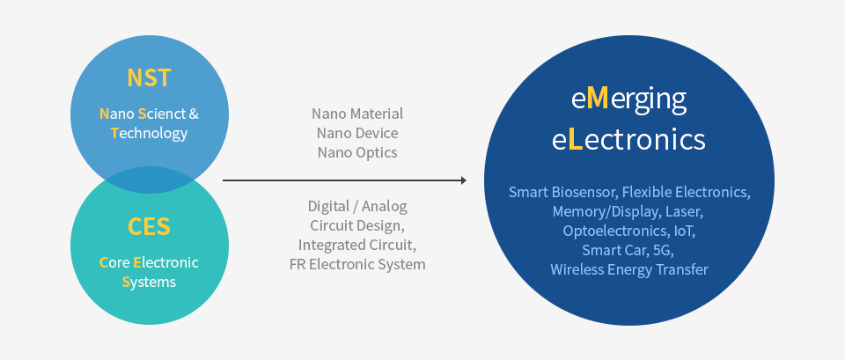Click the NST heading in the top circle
(x=149, y=77)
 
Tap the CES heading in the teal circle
(x=149, y=226)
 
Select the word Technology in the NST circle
(x=150, y=134)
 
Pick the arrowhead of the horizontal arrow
(x=462, y=180)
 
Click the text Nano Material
(x=357, y=114)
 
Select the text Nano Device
(x=357, y=133)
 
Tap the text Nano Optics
(x=357, y=152)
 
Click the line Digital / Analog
(x=357, y=206)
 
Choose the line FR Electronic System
(x=357, y=264)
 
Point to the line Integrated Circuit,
(x=357, y=245)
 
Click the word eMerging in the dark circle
(x=628, y=99)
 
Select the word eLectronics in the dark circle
(x=628, y=139)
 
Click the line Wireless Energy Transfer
(x=628, y=269)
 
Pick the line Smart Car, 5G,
(x=628, y=250)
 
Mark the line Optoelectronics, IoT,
(x=628, y=231)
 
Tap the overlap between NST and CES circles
(x=149, y=180)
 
